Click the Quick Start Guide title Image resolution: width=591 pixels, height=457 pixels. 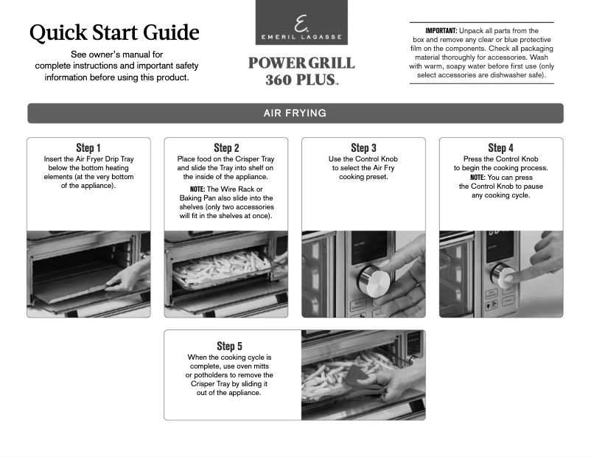coord(114,32)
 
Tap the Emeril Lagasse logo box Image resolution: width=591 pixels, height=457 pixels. coord(301,23)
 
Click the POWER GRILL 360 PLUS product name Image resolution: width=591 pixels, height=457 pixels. coord(301,71)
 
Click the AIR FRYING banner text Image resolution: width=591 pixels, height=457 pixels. coord(295,114)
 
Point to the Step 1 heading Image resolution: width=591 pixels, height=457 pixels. coord(88,148)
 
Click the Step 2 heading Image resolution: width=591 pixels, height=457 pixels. coord(226,148)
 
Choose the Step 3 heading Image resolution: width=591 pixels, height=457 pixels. coord(363,148)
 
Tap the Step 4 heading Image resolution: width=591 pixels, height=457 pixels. coord(501,148)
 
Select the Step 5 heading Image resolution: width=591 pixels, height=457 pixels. coord(229,346)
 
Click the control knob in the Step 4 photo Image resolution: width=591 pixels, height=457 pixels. coord(503,275)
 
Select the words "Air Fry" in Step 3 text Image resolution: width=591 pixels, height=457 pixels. coord(383,168)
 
